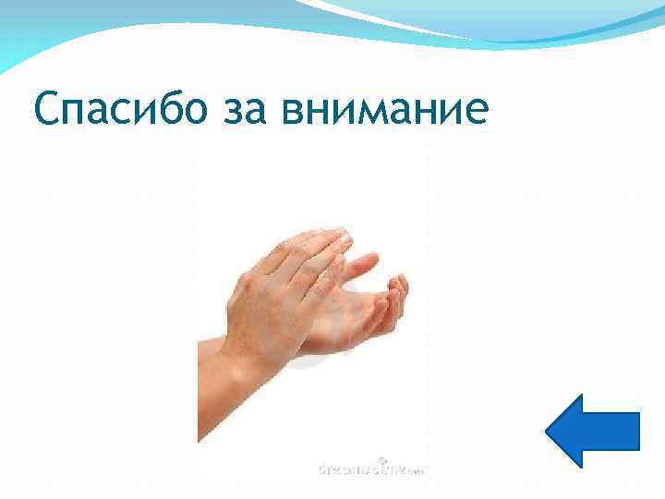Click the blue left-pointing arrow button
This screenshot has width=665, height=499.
pyautogui.click(x=592, y=431)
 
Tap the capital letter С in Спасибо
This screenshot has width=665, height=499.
pyautogui.click(x=45, y=112)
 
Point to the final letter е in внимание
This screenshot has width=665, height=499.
pyautogui.click(x=474, y=116)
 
